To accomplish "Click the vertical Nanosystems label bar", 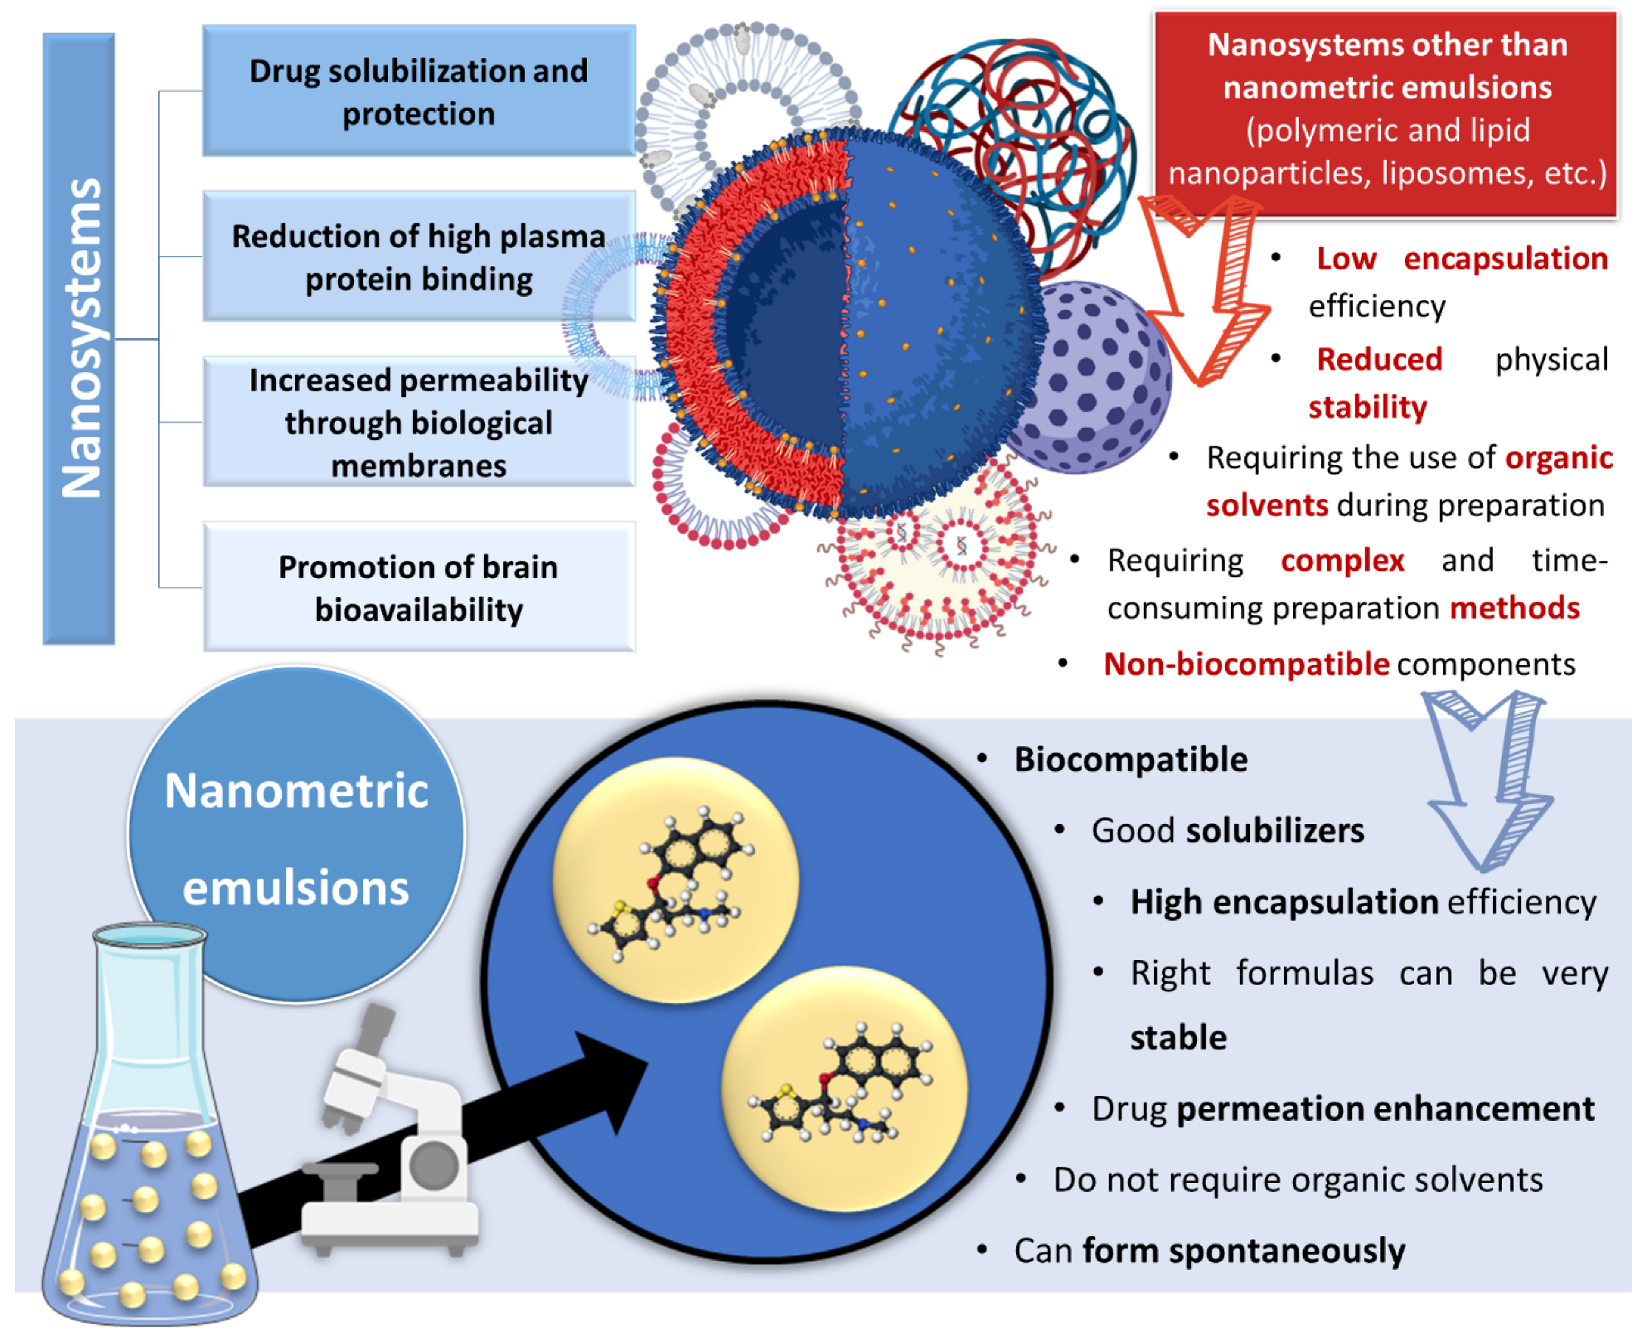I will point(79,338).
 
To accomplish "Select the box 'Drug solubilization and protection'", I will point(419,91).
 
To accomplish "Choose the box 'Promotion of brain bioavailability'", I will point(419,587).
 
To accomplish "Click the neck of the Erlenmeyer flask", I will point(149,1011).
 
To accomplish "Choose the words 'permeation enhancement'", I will point(1384,1109).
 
